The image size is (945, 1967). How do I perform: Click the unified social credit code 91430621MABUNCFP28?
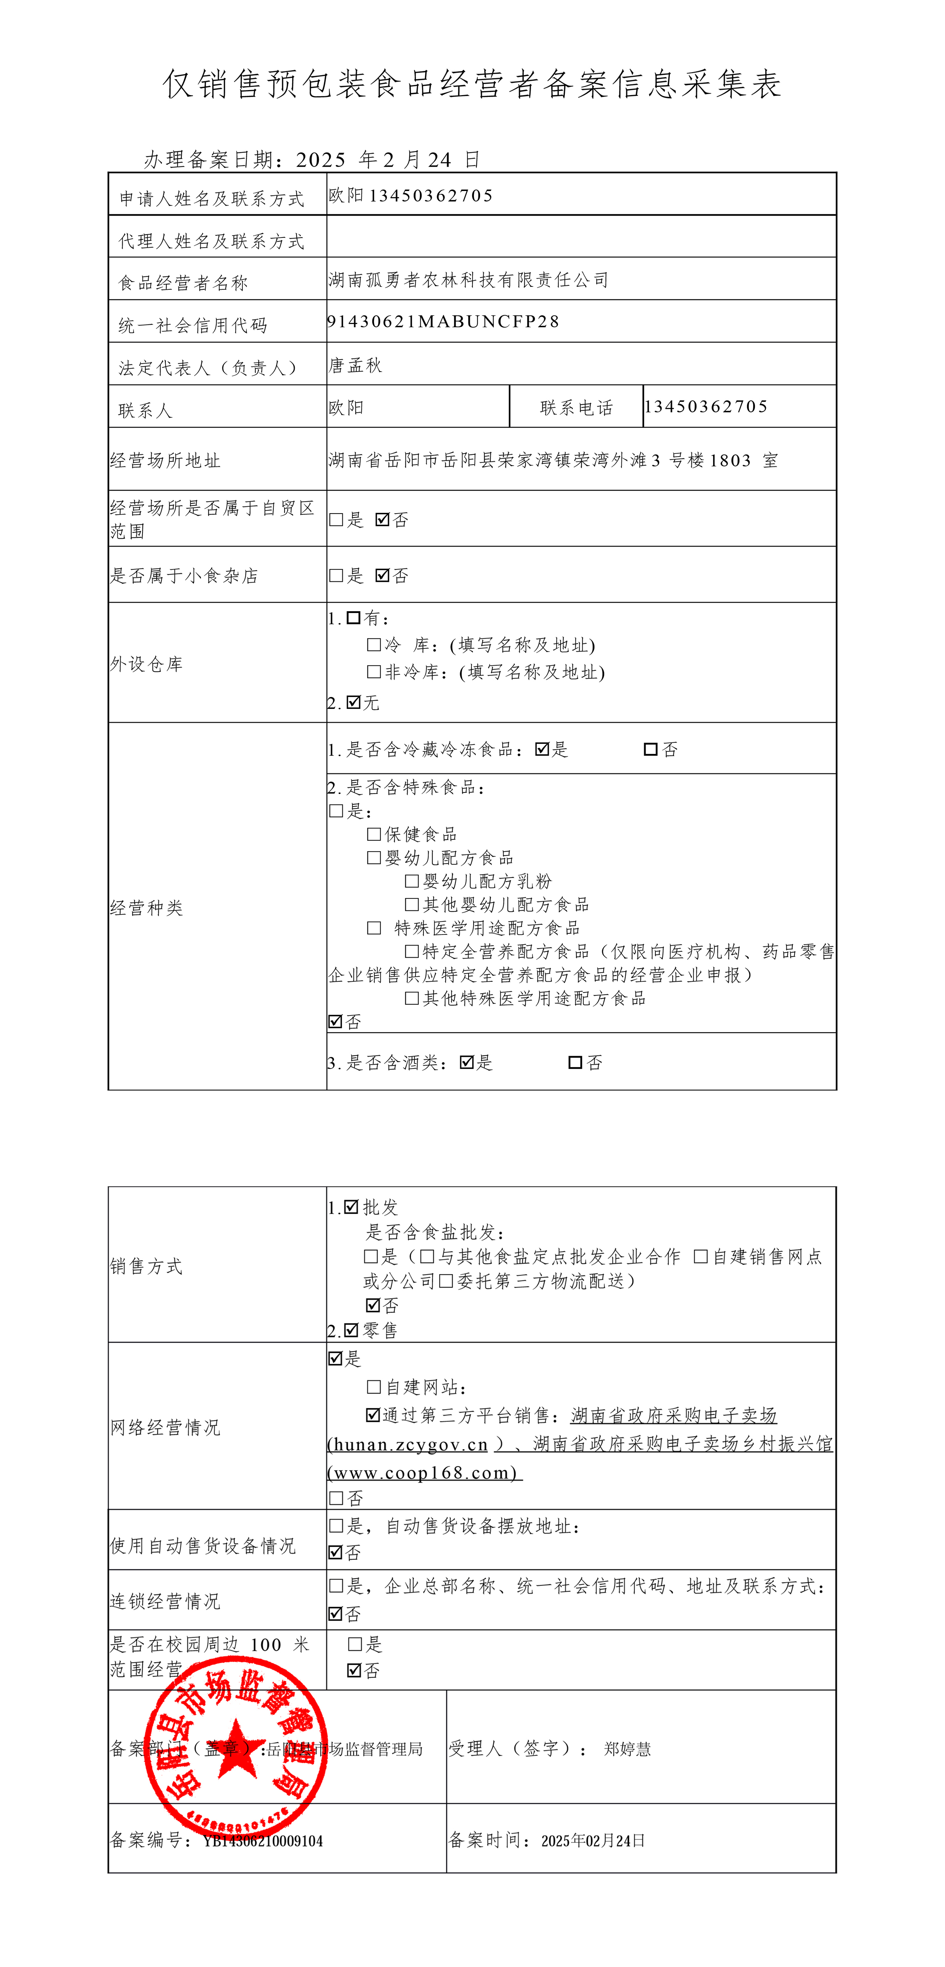pos(443,321)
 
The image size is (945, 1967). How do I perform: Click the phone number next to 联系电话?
pos(706,406)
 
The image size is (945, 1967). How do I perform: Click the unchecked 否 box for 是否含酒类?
pos(575,1062)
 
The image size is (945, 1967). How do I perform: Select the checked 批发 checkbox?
pos(351,1206)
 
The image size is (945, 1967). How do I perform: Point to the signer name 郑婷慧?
pos(627,1749)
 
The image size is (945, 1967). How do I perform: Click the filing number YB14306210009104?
pos(263,1841)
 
